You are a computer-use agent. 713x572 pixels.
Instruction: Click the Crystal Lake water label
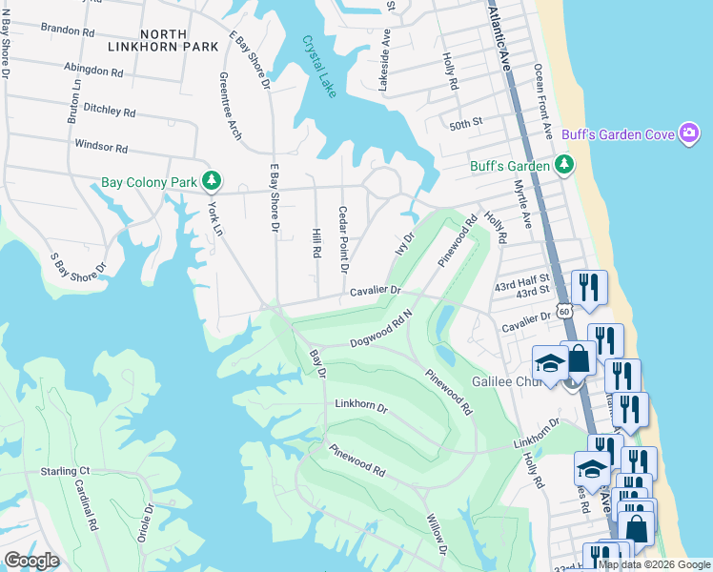point(321,67)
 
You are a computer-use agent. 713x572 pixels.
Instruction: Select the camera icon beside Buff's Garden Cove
point(689,133)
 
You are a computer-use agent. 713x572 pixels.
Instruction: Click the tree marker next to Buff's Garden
point(565,166)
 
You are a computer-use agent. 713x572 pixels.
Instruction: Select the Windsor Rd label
point(101,148)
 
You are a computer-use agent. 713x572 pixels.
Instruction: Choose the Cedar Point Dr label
point(343,239)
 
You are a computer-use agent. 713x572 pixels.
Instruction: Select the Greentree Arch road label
point(230,105)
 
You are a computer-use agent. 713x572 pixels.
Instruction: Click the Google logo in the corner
point(31,561)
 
